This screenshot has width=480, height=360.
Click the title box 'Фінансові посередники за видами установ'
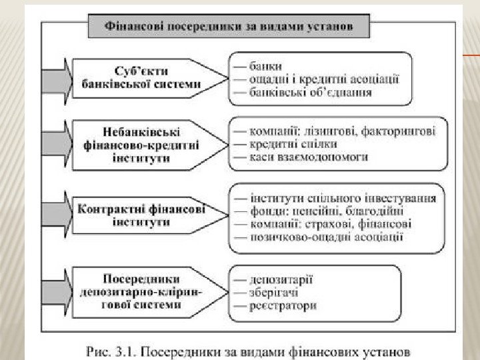coord(229,28)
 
